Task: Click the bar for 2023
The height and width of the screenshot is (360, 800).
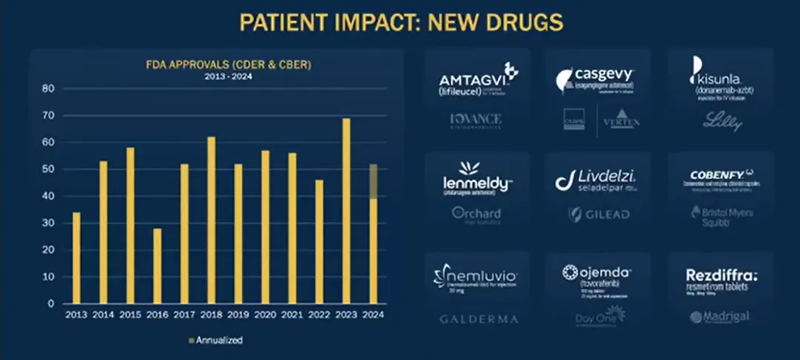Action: tap(346, 211)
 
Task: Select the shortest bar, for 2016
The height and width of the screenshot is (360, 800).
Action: tap(156, 266)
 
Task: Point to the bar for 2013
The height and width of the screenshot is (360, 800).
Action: tap(76, 258)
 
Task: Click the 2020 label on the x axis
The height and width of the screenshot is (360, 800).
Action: tap(264, 314)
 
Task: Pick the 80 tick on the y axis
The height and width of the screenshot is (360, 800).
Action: tap(49, 89)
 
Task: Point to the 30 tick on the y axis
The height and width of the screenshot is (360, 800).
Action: tap(49, 223)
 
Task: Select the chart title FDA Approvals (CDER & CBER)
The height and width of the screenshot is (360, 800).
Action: tap(227, 65)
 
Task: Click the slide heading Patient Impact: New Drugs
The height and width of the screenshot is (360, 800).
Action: tap(401, 22)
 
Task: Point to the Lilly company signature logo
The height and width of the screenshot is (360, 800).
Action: tap(721, 121)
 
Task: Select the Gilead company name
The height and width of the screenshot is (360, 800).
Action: tap(599, 214)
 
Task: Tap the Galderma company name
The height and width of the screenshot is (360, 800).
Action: tap(479, 319)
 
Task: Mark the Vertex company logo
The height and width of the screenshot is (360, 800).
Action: tap(621, 121)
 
